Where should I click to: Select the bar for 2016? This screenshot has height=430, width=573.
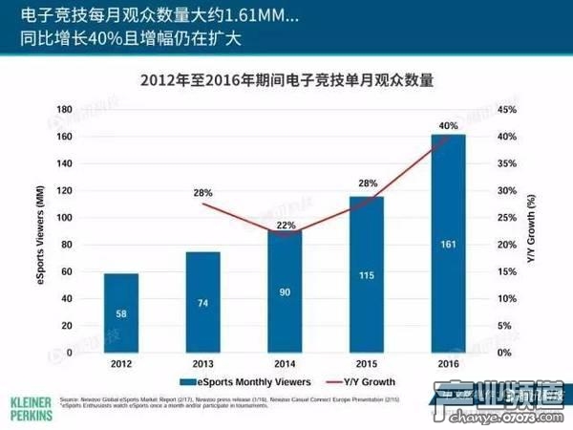(449, 244)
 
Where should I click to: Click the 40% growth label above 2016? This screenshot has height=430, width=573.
(449, 124)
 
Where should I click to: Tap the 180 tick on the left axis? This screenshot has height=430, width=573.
(64, 110)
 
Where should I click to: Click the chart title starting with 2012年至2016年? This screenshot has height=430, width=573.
(287, 81)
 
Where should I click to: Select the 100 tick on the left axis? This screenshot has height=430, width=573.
(64, 218)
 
